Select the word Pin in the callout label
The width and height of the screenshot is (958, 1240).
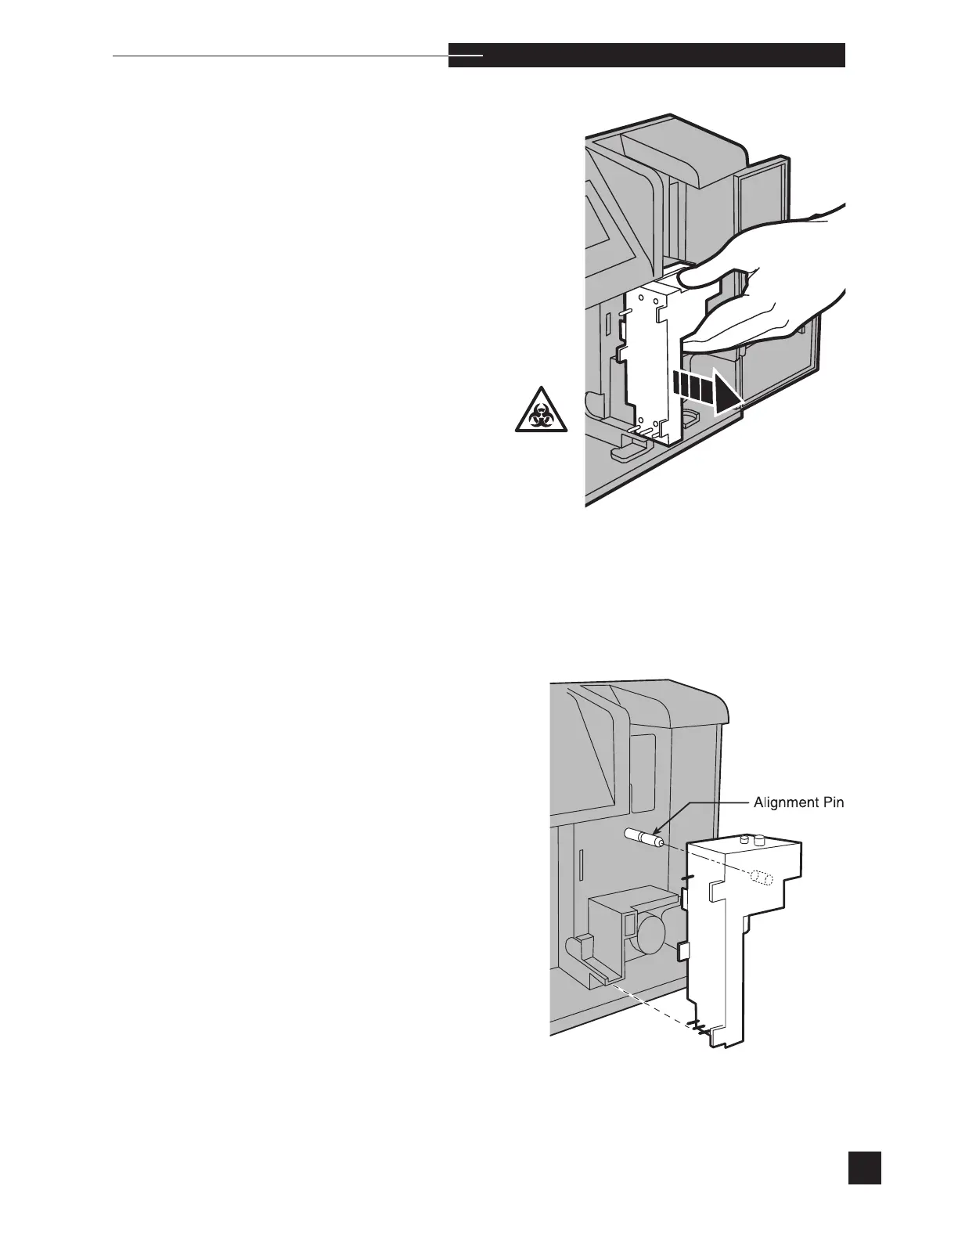832,802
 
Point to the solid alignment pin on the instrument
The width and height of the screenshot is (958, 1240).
644,839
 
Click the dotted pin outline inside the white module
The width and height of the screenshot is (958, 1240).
760,878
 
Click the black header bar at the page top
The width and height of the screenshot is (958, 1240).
646,56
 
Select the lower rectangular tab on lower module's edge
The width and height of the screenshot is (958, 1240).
682,952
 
